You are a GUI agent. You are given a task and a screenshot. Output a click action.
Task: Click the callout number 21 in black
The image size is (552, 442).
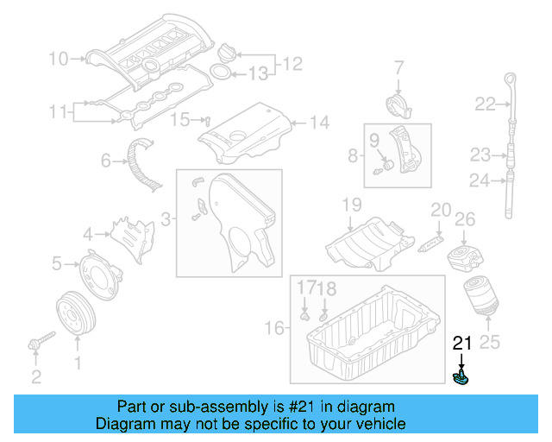pyautogui.click(x=463, y=344)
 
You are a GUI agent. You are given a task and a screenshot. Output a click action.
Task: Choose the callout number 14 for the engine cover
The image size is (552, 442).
pyautogui.click(x=319, y=123)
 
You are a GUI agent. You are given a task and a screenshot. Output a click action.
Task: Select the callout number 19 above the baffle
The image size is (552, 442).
pyautogui.click(x=351, y=205)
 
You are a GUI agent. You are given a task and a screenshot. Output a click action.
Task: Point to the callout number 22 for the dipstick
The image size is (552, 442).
pyautogui.click(x=486, y=104)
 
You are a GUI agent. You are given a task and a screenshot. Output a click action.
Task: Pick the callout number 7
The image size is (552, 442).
pyautogui.click(x=399, y=66)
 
